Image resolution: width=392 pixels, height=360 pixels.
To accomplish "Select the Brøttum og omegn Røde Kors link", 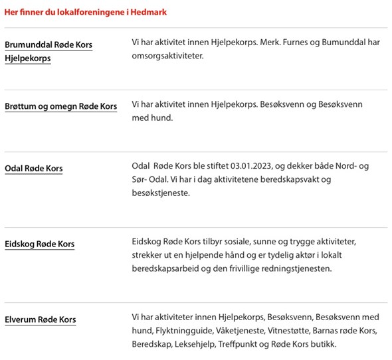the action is [60, 106].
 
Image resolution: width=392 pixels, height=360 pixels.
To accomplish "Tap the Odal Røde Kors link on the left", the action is [34, 169].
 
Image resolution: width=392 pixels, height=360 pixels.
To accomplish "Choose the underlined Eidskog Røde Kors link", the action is [40, 244].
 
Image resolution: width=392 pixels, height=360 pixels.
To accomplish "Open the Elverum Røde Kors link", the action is [41, 319].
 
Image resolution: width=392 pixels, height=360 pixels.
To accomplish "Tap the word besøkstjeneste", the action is [161, 193].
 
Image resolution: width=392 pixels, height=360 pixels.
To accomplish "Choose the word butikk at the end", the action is [324, 344].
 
